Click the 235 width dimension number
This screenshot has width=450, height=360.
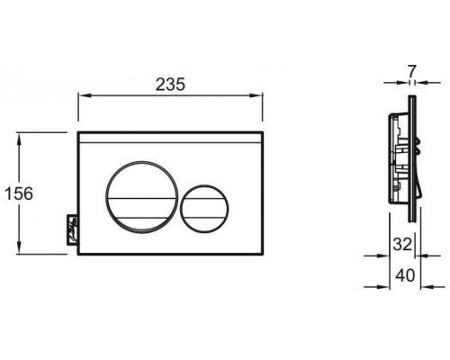pos(170,85)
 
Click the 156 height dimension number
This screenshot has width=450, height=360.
pos(19,193)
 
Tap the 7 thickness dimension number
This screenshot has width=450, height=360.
pos(411,71)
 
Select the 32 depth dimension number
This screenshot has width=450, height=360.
pos(402,245)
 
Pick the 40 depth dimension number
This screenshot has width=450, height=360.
pos(405,275)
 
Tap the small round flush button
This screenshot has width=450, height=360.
pos(204,209)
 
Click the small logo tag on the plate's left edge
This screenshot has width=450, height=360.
pos(72,230)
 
